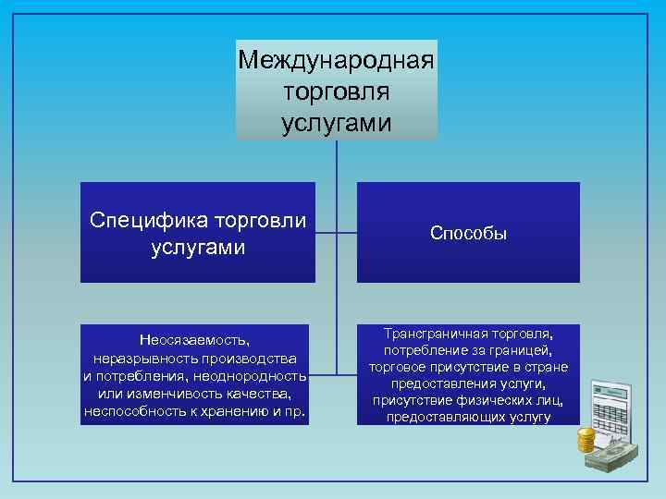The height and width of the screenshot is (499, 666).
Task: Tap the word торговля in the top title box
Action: pos(336,92)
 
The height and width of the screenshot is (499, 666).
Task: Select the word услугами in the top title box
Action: pos(336,123)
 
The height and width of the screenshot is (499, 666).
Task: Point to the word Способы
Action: pos(468,234)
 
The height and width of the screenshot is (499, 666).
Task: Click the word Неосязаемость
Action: pos(194,341)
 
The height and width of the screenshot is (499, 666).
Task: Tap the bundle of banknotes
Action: pos(615,458)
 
